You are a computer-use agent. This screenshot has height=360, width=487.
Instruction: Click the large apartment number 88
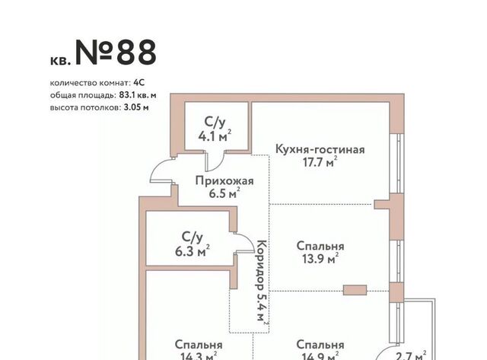point(136,53)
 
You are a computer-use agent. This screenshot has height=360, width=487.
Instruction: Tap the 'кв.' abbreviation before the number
point(61,61)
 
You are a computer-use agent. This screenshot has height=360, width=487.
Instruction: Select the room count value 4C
point(139,83)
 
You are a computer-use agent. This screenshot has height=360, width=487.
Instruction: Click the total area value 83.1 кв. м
point(138,95)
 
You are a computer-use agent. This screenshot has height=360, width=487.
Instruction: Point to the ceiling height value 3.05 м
point(136,107)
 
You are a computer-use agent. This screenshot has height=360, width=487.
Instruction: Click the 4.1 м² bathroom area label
point(215,136)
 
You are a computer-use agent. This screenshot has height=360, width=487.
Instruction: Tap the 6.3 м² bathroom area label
point(193,251)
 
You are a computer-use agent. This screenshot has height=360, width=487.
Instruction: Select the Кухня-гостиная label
point(320,149)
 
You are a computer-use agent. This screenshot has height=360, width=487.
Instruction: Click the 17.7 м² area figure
point(320,162)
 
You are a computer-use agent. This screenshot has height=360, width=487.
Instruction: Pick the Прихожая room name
point(224,181)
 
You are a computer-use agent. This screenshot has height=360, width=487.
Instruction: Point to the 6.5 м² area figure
point(224,193)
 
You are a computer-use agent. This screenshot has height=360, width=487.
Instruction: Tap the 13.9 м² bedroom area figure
point(320,259)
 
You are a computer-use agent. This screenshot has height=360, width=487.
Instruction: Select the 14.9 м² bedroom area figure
point(320,355)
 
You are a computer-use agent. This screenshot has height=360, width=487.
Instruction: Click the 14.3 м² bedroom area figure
point(199,355)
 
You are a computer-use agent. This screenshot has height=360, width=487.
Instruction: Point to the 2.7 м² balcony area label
point(411,355)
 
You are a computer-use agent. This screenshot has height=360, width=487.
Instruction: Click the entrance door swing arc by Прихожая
point(161,170)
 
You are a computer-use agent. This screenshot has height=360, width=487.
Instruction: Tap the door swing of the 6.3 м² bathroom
point(244,243)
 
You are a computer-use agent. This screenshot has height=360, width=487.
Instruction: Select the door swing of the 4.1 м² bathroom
point(215,161)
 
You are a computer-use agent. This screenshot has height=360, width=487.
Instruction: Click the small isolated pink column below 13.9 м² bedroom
point(355,290)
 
